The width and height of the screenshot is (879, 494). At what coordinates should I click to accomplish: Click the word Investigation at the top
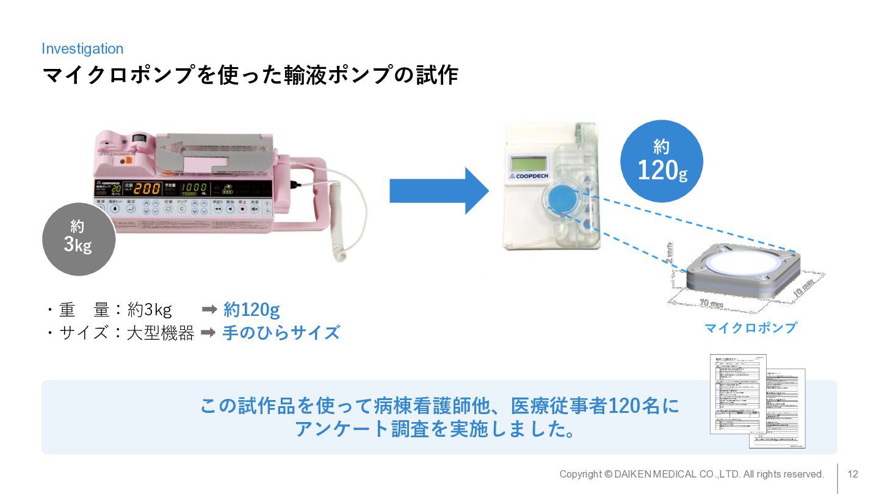click(x=82, y=49)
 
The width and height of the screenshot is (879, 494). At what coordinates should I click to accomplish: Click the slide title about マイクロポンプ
click(x=250, y=76)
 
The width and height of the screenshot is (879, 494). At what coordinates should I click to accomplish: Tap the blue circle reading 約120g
click(x=662, y=161)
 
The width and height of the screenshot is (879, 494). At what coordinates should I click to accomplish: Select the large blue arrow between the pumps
click(x=439, y=191)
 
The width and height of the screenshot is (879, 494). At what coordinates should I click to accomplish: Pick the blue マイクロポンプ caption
click(x=750, y=328)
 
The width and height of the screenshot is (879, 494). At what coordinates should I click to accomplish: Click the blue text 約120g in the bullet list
click(x=251, y=310)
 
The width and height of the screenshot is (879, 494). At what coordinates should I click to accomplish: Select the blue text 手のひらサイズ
click(x=281, y=333)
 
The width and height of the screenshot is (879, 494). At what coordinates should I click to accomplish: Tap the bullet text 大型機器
click(x=161, y=333)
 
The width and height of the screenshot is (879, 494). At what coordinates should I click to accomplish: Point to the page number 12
click(x=853, y=474)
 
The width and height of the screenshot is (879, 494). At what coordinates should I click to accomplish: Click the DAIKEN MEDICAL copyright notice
click(x=692, y=474)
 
